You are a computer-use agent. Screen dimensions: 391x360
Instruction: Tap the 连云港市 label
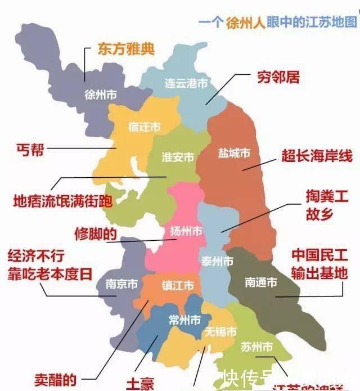pyautogui.click(x=186, y=83)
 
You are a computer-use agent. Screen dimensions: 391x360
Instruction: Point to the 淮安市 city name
pyautogui.click(x=178, y=157)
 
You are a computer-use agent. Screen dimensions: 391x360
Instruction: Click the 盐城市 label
pyautogui.click(x=234, y=153)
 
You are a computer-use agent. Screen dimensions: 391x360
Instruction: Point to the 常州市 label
pyautogui.click(x=185, y=321)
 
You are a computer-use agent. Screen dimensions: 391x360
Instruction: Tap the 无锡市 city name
pyautogui.click(x=220, y=331)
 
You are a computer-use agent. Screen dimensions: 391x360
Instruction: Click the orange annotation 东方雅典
pyautogui.click(x=126, y=48)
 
